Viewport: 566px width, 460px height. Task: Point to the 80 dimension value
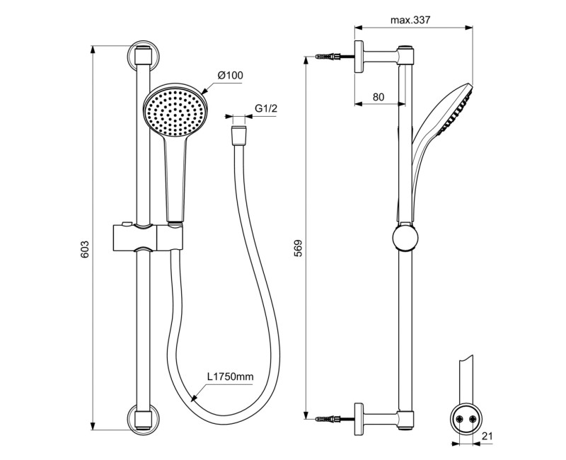click(x=378, y=98)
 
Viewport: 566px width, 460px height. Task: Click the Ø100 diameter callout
click(x=230, y=75)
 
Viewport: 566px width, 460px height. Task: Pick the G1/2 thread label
click(x=265, y=108)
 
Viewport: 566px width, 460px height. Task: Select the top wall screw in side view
click(x=329, y=56)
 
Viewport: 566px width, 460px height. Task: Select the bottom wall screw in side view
click(x=329, y=416)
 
